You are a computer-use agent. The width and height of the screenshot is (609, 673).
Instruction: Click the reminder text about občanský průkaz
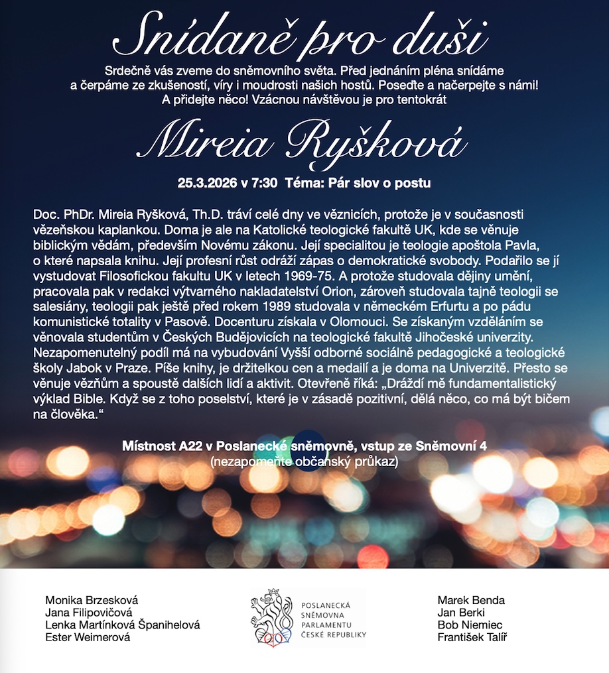click(x=304, y=461)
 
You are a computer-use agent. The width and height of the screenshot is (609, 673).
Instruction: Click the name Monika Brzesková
click(x=92, y=600)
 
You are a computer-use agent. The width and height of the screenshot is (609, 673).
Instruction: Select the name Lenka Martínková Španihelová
click(x=122, y=625)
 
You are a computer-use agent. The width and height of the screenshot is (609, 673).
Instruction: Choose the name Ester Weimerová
click(x=88, y=637)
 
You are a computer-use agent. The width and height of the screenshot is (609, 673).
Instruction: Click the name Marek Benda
click(x=471, y=600)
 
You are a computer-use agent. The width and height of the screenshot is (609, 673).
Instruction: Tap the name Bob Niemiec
click(x=470, y=625)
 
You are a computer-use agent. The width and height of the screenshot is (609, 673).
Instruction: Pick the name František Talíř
click(x=472, y=637)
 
